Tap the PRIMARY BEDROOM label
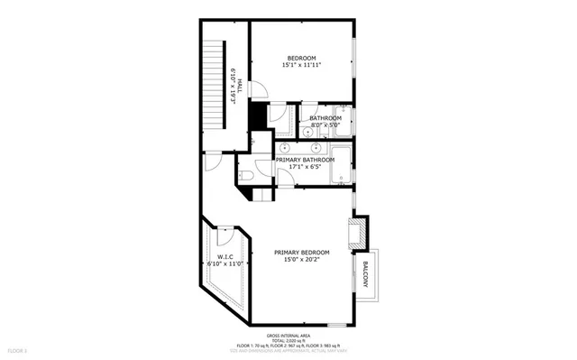coord(302,252)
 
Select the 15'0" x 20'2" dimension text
coord(302,260)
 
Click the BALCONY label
coord(365,274)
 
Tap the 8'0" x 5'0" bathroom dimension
coord(325,125)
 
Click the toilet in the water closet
coord(247,174)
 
